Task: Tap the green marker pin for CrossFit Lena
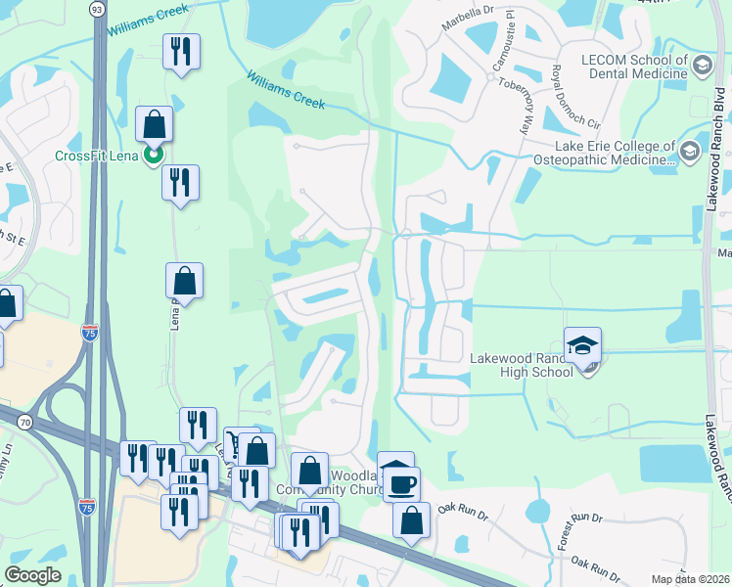click(153, 155)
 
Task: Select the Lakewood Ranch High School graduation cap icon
click(583, 345)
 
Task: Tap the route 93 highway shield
click(96, 9)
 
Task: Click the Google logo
click(33, 574)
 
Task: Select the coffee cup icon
click(401, 483)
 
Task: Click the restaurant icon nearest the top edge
click(180, 52)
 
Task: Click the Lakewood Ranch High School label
click(522, 365)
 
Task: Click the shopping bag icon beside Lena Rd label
click(184, 282)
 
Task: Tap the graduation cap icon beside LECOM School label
click(701, 66)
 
